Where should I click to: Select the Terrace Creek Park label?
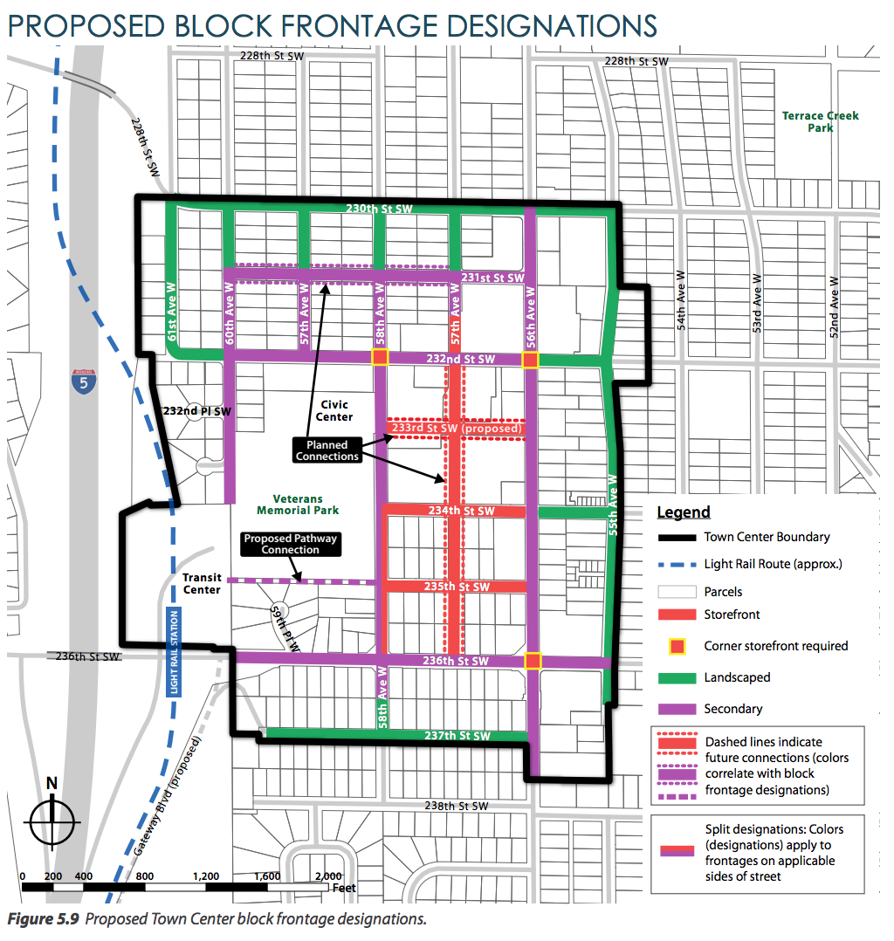click(820, 121)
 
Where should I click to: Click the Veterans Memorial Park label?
click(298, 504)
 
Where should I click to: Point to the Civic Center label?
click(335, 410)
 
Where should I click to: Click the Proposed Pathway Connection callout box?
click(290, 544)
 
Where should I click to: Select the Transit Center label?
click(202, 583)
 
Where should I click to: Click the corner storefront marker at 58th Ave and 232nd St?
click(380, 357)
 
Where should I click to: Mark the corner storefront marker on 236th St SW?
click(533, 661)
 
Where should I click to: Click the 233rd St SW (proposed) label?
click(457, 429)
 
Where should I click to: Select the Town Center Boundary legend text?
click(767, 537)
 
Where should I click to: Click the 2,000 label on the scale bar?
click(328, 876)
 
